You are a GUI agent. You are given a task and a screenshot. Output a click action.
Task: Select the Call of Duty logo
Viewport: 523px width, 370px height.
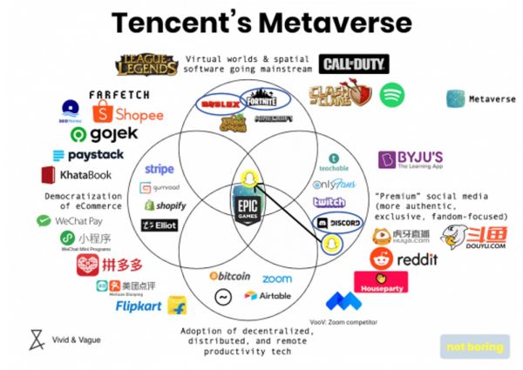point(353,64)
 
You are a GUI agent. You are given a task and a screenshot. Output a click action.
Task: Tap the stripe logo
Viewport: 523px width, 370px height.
point(160,169)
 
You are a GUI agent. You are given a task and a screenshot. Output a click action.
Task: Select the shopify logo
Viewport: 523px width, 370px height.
point(166,205)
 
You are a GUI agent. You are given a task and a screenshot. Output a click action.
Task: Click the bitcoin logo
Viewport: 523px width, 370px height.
point(230,276)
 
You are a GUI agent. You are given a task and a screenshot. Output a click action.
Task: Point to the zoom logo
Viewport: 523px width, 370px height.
point(276,279)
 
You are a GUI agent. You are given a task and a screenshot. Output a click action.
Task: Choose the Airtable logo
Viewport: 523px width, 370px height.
point(268,296)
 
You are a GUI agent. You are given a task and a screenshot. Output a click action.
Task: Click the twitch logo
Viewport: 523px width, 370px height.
point(329,202)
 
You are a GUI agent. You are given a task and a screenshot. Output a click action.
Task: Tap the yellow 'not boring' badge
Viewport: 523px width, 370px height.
point(474,347)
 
